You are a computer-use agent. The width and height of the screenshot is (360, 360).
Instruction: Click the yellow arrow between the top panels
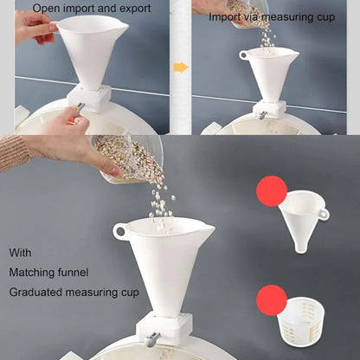point(181,67)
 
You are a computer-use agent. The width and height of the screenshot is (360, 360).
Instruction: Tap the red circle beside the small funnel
point(272,191)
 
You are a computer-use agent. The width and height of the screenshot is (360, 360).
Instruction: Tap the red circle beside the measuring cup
point(272,300)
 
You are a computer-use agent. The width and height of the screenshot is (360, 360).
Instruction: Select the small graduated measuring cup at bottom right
point(300,321)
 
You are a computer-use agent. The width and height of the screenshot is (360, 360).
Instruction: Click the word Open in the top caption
point(47,9)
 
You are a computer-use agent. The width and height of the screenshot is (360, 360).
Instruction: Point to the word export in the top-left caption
point(135,9)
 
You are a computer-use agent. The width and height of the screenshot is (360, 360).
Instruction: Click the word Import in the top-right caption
point(224,17)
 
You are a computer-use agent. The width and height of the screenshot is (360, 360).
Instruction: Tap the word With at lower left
point(20,253)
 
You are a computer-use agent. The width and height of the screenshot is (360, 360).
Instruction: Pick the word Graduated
point(35,292)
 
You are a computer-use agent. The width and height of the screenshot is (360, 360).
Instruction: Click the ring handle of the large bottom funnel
point(119,231)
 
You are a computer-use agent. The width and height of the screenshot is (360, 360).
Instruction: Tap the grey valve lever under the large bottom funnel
point(152,338)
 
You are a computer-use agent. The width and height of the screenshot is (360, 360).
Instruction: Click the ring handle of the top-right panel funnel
point(243,55)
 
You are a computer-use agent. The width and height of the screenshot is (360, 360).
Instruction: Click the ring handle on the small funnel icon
point(325,214)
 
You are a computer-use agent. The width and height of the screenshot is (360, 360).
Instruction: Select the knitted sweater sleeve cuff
point(14,152)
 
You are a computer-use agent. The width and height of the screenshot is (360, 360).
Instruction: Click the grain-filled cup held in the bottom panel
point(129,159)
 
